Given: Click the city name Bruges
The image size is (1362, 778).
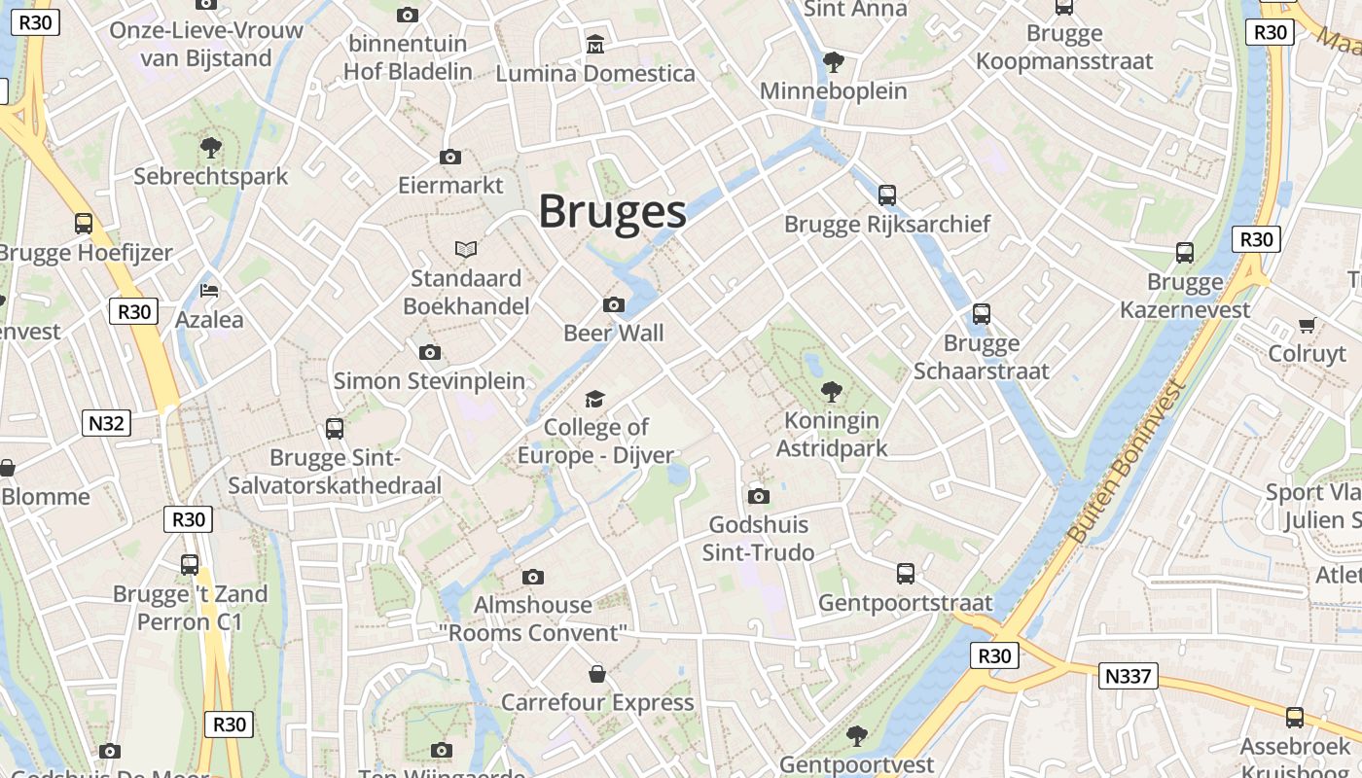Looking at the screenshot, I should (612, 211).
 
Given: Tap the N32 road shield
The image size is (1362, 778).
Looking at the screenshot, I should (107, 423).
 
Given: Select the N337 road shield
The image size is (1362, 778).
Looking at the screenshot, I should (1129, 675).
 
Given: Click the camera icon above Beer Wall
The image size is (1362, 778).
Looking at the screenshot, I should (613, 304).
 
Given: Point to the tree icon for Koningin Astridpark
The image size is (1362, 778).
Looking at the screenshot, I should (832, 392).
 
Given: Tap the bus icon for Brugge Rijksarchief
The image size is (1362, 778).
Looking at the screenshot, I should (887, 194).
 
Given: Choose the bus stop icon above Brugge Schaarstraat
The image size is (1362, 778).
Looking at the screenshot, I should (982, 314).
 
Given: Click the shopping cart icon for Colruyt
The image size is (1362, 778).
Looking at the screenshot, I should (1307, 325).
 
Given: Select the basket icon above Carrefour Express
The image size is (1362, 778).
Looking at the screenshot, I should (597, 674).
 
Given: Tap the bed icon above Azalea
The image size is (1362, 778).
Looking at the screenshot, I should (209, 290).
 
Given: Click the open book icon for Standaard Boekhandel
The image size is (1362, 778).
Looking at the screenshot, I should (467, 250).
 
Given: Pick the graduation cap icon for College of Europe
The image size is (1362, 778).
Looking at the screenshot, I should (594, 399).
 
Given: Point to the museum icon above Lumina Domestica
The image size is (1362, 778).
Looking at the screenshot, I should (594, 44).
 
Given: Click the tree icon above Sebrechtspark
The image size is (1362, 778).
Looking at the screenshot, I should (210, 148).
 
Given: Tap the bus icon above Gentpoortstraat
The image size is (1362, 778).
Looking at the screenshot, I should (906, 574).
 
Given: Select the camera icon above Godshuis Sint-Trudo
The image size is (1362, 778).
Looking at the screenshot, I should (759, 496).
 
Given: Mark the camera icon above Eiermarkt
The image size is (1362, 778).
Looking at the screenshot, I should (450, 157).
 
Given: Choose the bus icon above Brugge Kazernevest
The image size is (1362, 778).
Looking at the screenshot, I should (1185, 253).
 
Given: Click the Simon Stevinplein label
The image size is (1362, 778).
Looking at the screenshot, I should (429, 380).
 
